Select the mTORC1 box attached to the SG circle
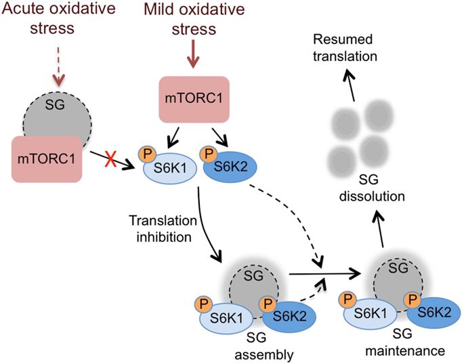[47, 158]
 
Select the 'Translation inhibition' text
[163, 229]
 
